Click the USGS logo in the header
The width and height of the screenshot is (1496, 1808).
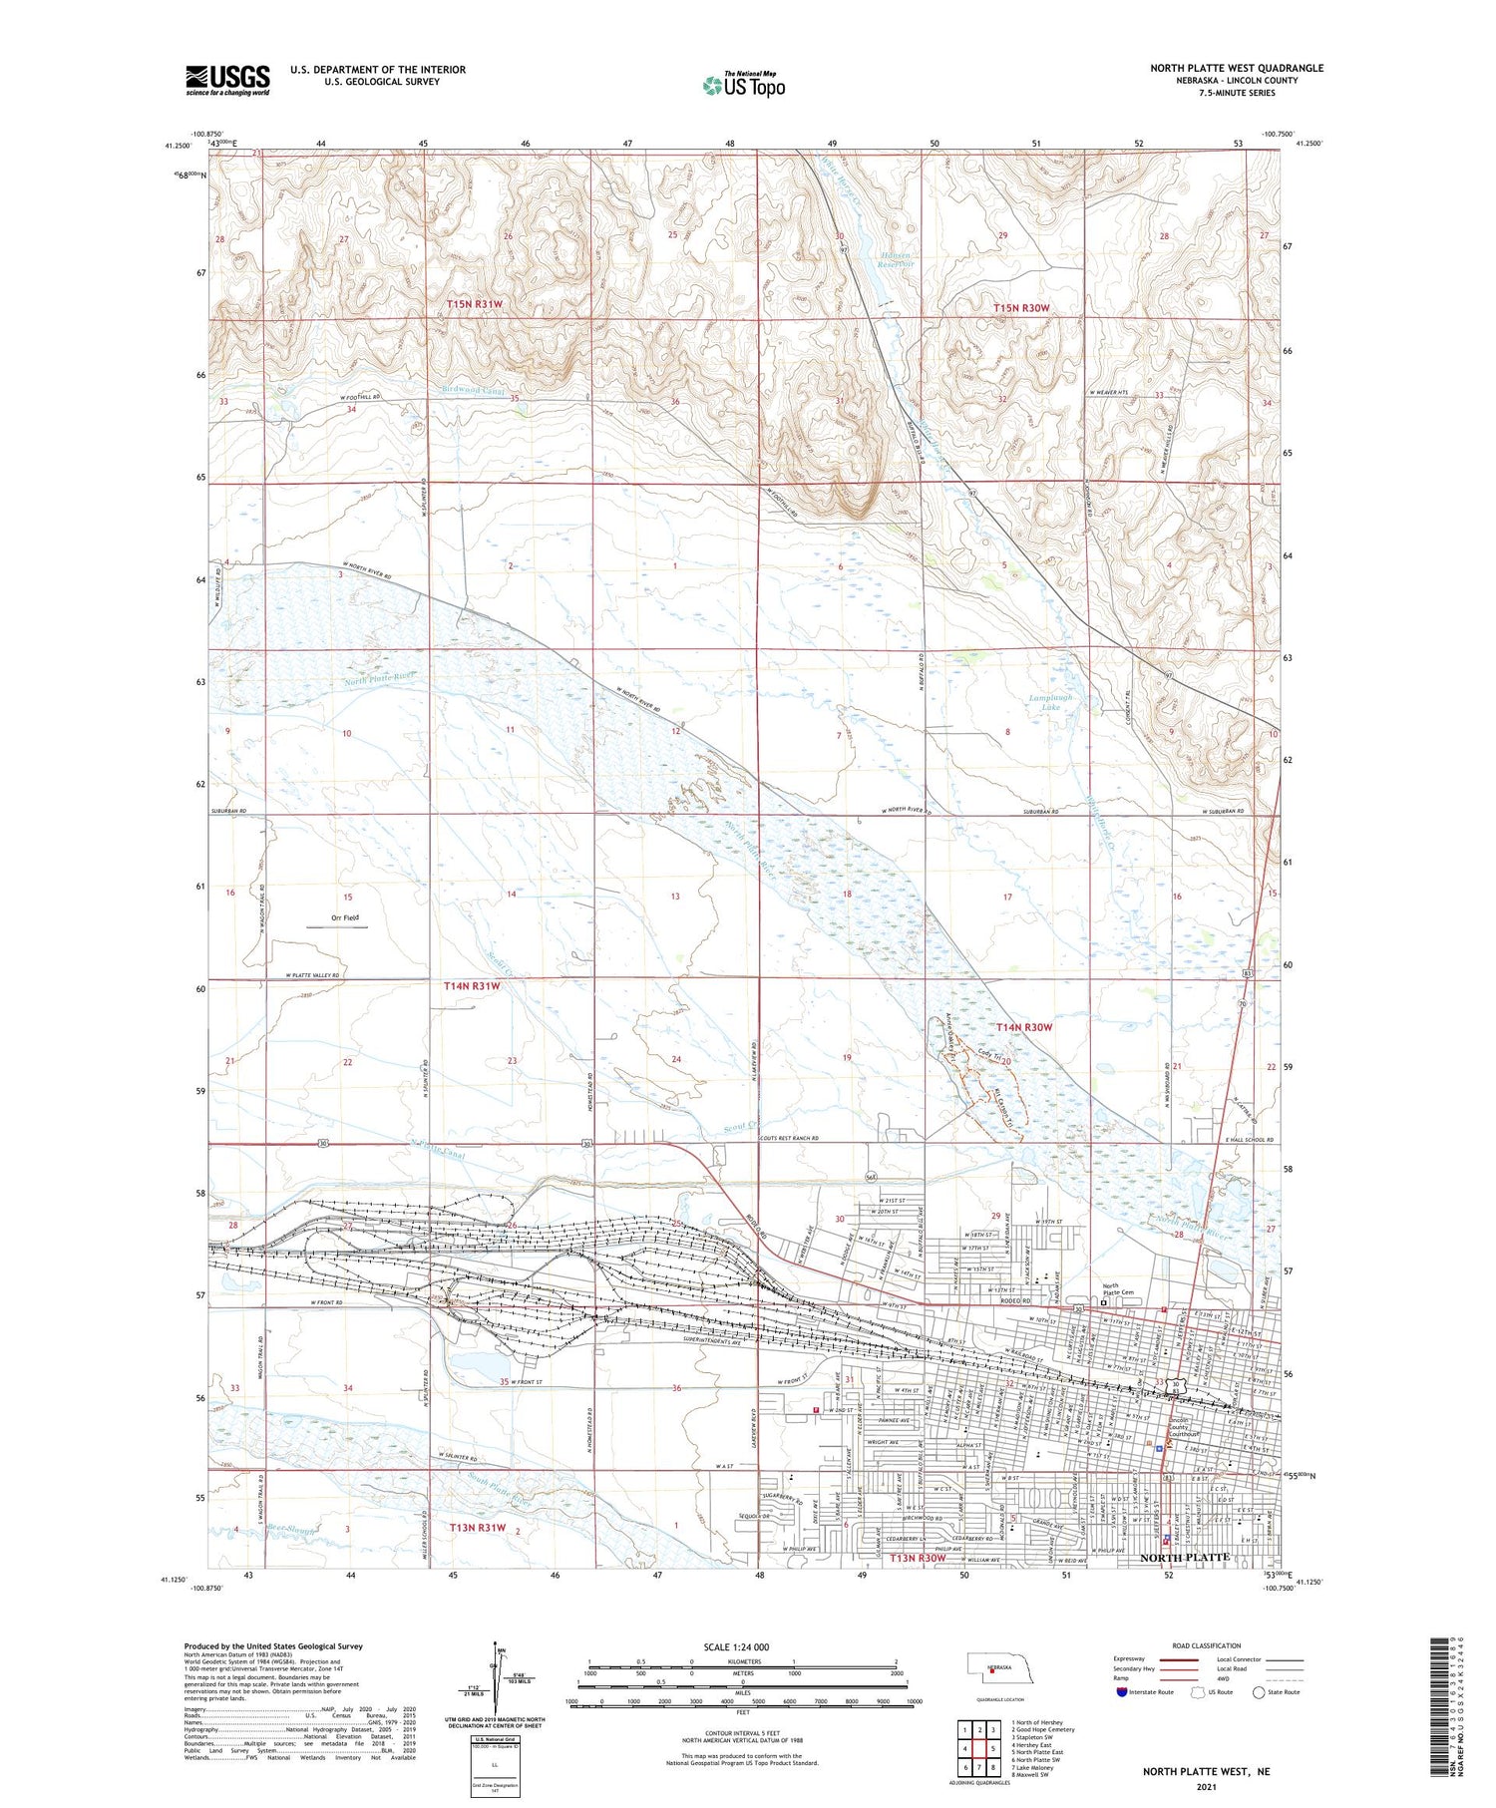pyautogui.click(x=227, y=80)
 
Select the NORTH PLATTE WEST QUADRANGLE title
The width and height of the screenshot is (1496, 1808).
pyautogui.click(x=1237, y=68)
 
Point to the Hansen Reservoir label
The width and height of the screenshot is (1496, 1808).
pyautogui.click(x=896, y=261)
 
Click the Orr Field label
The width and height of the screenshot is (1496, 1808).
pyautogui.click(x=344, y=917)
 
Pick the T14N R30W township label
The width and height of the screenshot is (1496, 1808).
pyautogui.click(x=1023, y=1027)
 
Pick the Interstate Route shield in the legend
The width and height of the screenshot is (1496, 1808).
pyautogui.click(x=1122, y=1692)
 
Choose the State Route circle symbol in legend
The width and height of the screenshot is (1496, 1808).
pyautogui.click(x=1259, y=1692)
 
